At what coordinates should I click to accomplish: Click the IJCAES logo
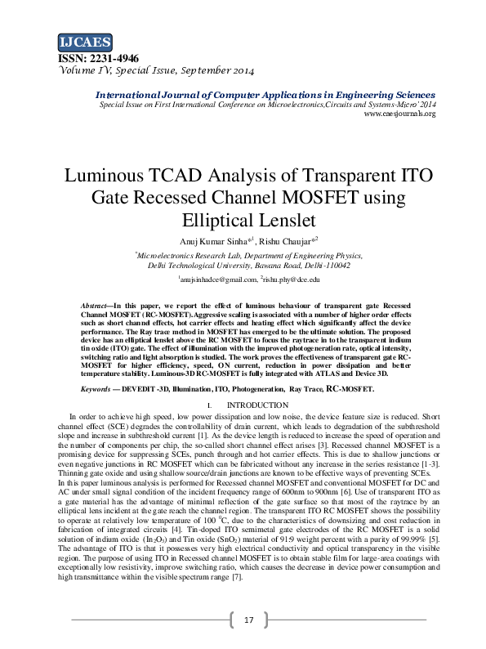pyautogui.click(x=85, y=42)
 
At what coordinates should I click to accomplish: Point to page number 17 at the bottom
pyautogui.click(x=250, y=620)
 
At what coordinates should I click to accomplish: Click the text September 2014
pyautogui.click(x=214, y=71)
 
